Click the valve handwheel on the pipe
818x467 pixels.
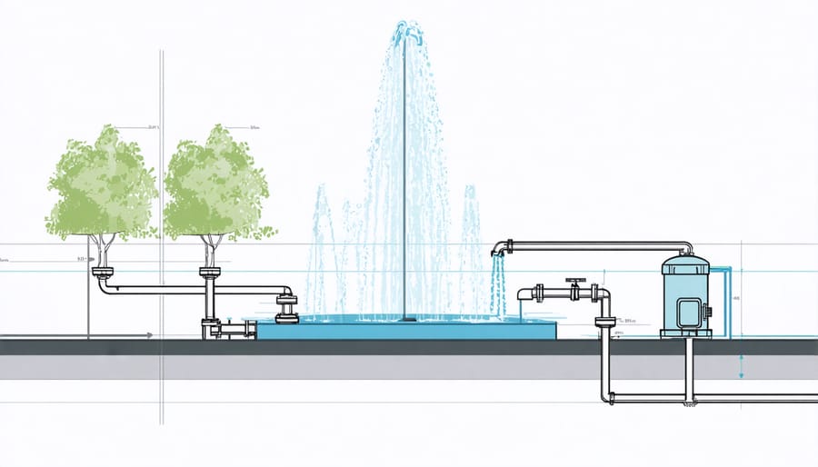574,283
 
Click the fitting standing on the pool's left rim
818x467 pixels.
288,306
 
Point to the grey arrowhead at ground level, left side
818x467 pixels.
148,336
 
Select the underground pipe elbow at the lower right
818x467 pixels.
608,397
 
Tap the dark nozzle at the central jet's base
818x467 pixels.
405,319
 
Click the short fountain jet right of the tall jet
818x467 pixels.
471,245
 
